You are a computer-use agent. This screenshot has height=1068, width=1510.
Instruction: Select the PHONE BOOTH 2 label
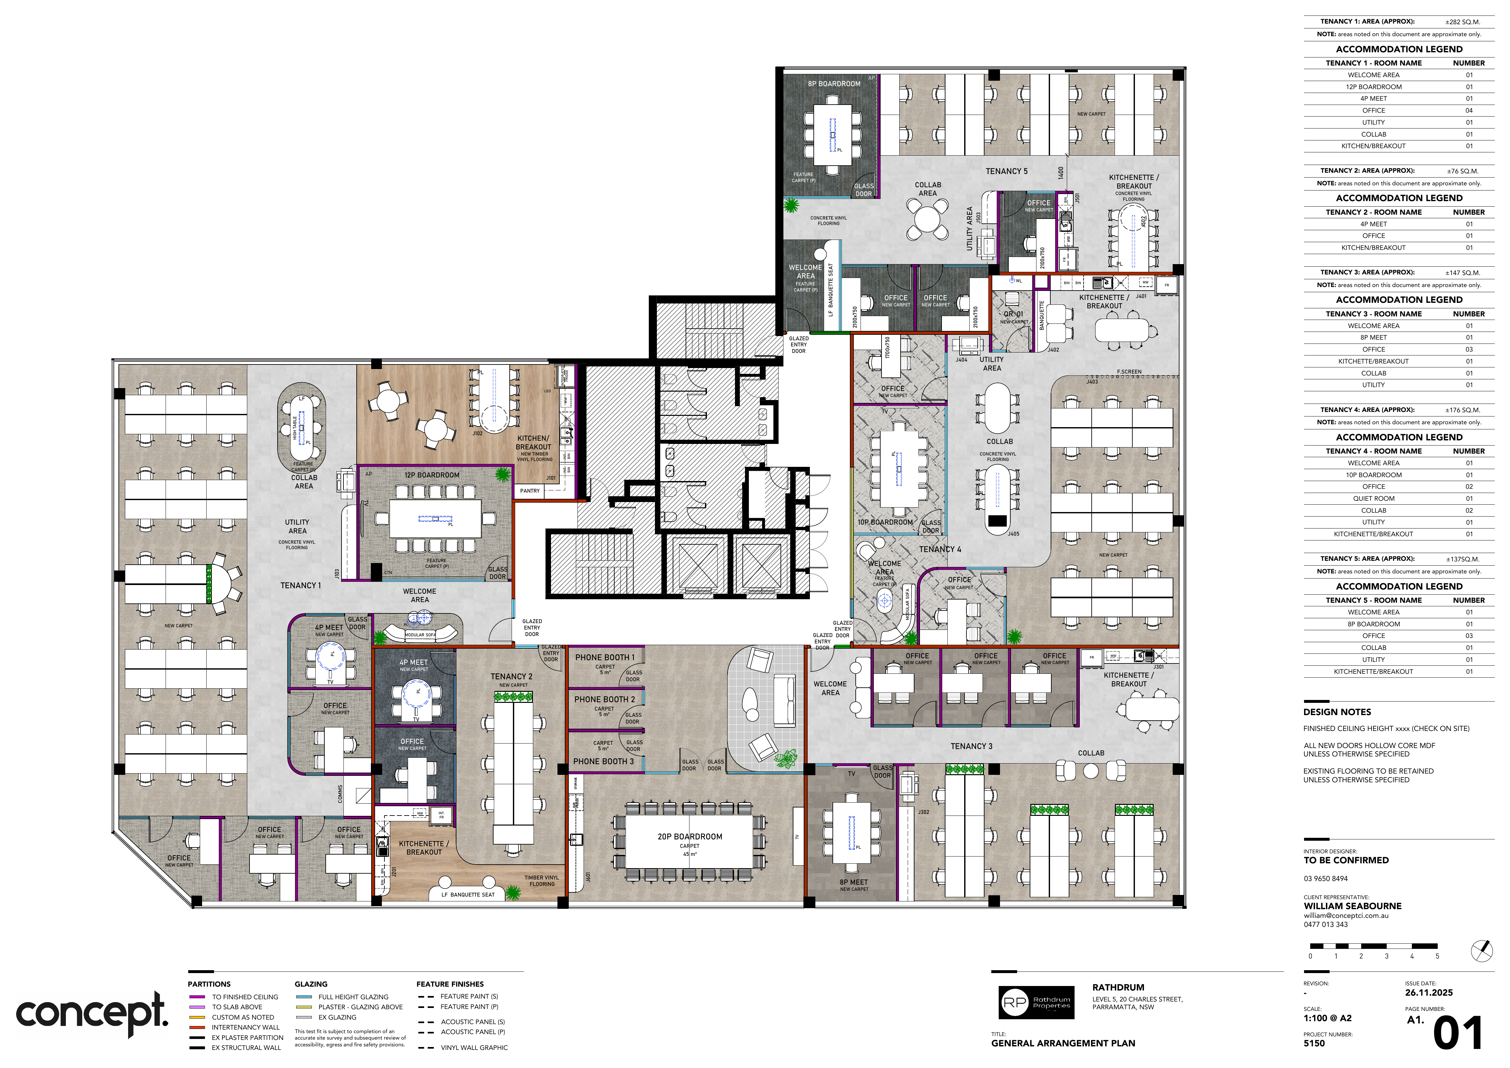[604, 699]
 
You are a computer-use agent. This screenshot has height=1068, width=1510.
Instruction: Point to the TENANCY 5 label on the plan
[1006, 171]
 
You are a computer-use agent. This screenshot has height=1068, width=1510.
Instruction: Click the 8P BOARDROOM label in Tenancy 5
[834, 84]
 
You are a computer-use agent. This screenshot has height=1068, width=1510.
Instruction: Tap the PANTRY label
[529, 491]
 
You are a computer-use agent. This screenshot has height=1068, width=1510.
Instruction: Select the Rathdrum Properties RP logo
[1036, 1002]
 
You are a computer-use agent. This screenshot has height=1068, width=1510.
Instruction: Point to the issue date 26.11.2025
[1428, 992]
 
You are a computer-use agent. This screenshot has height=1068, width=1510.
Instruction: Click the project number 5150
[1314, 1043]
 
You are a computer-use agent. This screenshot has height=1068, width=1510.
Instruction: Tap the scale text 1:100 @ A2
[1327, 1018]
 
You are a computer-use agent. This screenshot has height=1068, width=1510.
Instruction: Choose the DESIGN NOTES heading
[1337, 712]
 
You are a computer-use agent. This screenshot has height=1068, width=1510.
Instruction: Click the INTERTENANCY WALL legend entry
[245, 1027]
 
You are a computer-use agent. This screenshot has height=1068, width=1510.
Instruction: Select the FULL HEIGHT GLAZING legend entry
[353, 997]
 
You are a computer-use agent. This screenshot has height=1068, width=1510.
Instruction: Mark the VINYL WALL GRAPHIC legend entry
[474, 1048]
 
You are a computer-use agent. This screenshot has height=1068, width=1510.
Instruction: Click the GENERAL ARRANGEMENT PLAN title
[1063, 1043]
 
